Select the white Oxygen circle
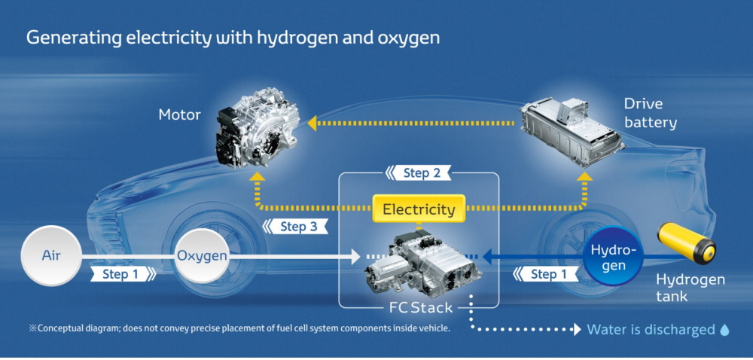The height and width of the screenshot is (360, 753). click(x=202, y=256)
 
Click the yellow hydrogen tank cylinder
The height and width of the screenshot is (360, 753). click(x=687, y=243)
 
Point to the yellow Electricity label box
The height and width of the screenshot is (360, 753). click(x=418, y=209)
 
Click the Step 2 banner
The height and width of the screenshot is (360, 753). click(x=419, y=172)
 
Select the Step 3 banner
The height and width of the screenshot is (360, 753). click(x=295, y=226)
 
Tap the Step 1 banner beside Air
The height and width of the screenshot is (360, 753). click(x=123, y=275)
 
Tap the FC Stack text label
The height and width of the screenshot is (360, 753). click(x=420, y=307)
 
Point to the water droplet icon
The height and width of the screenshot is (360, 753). click(x=724, y=330)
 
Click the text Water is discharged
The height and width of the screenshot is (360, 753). click(x=651, y=330)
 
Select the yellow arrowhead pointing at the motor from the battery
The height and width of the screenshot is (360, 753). click(x=312, y=123)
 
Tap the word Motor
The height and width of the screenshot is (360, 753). click(x=179, y=115)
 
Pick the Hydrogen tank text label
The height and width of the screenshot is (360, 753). click(x=690, y=288)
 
